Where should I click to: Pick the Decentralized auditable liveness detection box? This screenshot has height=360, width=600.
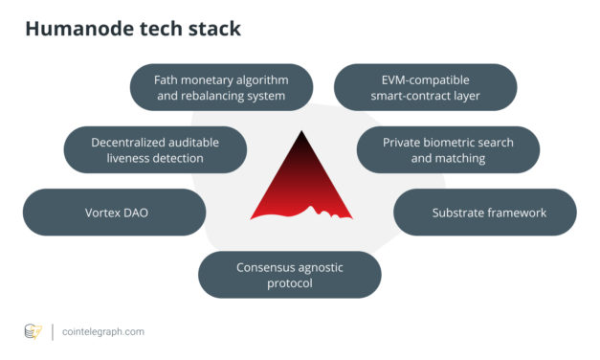[x=155, y=150]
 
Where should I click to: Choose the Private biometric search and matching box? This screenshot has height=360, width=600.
[x=448, y=150]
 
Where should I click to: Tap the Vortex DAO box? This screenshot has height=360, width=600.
[x=114, y=213]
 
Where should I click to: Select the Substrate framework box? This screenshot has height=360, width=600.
[x=484, y=213]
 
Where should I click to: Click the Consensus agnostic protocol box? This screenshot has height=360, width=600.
[x=289, y=275]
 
